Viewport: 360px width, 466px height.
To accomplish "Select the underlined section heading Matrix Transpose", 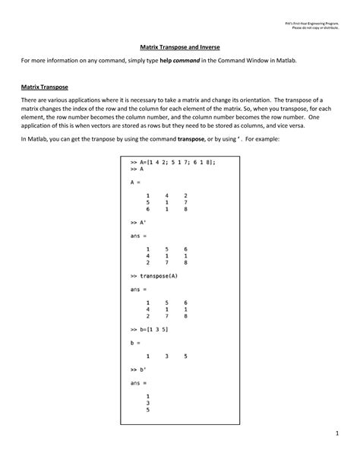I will (45, 87).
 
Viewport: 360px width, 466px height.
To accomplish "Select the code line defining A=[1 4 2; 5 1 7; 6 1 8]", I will (171, 163).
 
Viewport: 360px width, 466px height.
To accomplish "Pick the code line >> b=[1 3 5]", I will (149, 329).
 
